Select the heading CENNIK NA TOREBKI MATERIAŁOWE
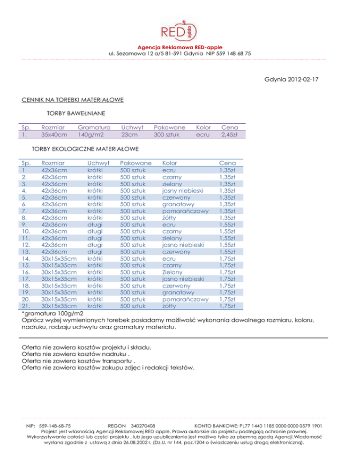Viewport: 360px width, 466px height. click(73, 100)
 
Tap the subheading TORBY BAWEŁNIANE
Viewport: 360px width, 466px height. click(75, 113)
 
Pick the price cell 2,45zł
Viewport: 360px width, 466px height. click(230, 135)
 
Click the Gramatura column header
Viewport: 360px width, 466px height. click(94, 127)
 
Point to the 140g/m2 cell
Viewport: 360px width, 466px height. click(90, 135)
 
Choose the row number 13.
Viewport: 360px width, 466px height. click(26, 251)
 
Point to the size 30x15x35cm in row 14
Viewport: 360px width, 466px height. click(59, 258)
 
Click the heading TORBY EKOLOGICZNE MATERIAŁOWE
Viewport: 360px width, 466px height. click(84, 149)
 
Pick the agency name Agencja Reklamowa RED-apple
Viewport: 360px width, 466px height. click(180, 47)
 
